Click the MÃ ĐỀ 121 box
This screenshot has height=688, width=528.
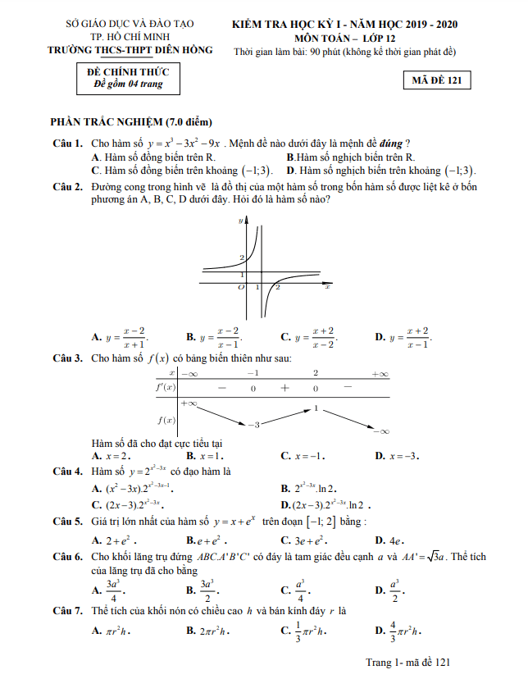(x=437, y=80)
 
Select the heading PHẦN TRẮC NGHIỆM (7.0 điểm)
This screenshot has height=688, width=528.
(x=131, y=122)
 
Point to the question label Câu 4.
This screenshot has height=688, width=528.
(x=67, y=472)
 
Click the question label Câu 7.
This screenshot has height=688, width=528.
(x=67, y=610)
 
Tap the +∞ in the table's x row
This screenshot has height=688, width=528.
(x=378, y=374)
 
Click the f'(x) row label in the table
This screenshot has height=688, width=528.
(x=166, y=387)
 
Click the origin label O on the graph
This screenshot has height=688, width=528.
(x=240, y=288)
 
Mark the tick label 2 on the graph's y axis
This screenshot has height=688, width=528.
(x=241, y=258)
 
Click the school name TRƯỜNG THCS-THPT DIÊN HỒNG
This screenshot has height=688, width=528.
(x=130, y=50)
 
